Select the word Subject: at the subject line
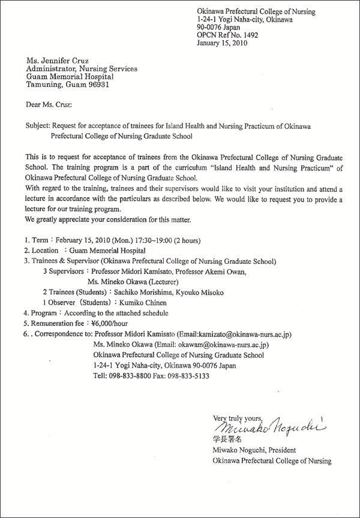click(38, 127)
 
